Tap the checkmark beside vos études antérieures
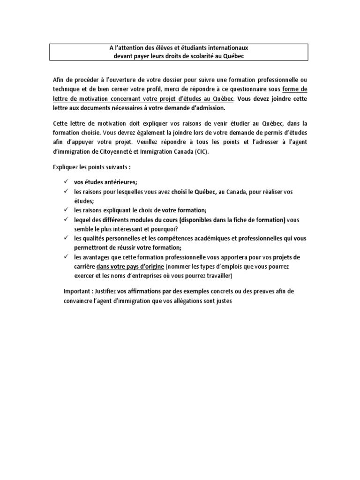[67, 182]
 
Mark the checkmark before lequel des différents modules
[67, 219]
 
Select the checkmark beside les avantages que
[67, 257]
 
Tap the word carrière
[84, 267]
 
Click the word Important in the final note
[77, 291]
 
